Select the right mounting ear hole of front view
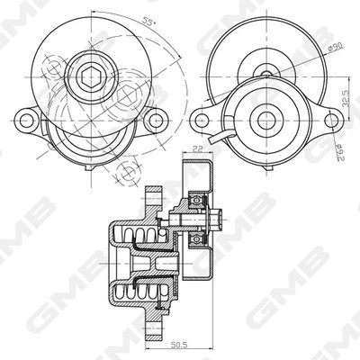point(157,117)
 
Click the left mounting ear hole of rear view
point(204,117)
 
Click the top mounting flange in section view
point(152,194)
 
